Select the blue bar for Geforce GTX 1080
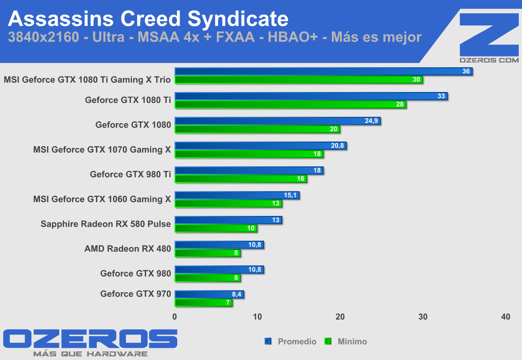pos(277,121)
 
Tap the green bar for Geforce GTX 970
pos(203,303)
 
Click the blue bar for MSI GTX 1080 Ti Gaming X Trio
pos(323,71)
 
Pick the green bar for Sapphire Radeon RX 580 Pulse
pos(216,228)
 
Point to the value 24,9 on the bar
pos(371,121)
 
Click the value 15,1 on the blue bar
pos(290,195)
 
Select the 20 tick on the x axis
pos(340,317)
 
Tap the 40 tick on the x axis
pos(505,317)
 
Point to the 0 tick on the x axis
pos(175,317)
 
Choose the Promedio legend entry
pos(291,341)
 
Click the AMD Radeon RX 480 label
pos(128,249)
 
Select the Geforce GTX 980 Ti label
pos(130,174)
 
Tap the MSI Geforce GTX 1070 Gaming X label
pos(102,150)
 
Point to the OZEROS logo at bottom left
pos(90,339)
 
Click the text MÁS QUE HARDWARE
pos(90,354)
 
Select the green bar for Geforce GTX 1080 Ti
pos(290,105)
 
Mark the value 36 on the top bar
pos(466,71)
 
